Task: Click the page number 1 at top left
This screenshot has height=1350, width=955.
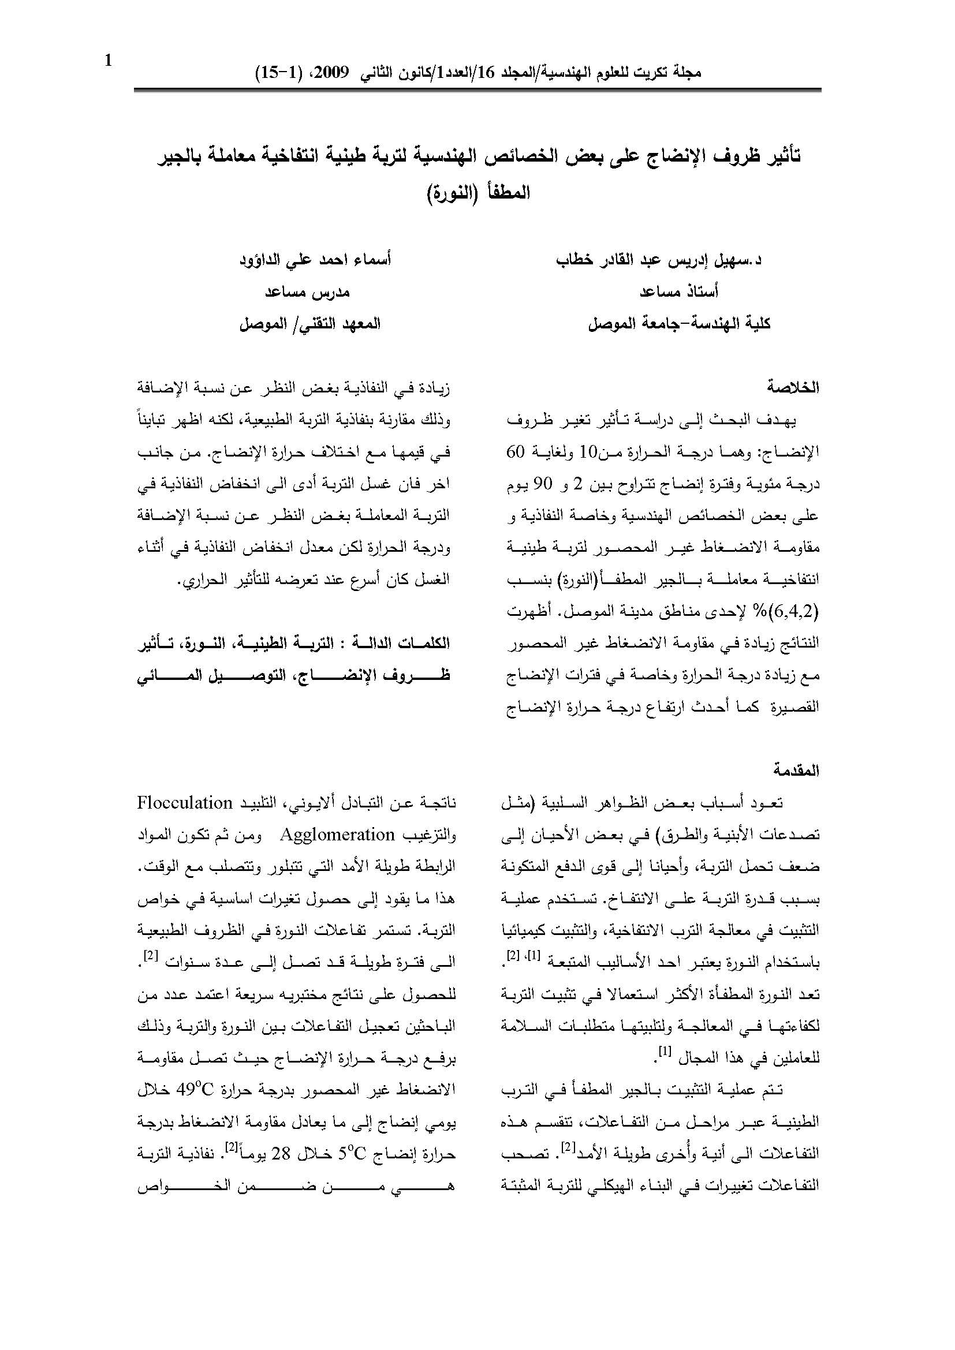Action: [x=108, y=61]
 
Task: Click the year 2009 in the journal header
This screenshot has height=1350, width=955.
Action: [x=336, y=73]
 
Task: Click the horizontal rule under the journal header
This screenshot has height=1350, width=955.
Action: [x=477, y=89]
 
